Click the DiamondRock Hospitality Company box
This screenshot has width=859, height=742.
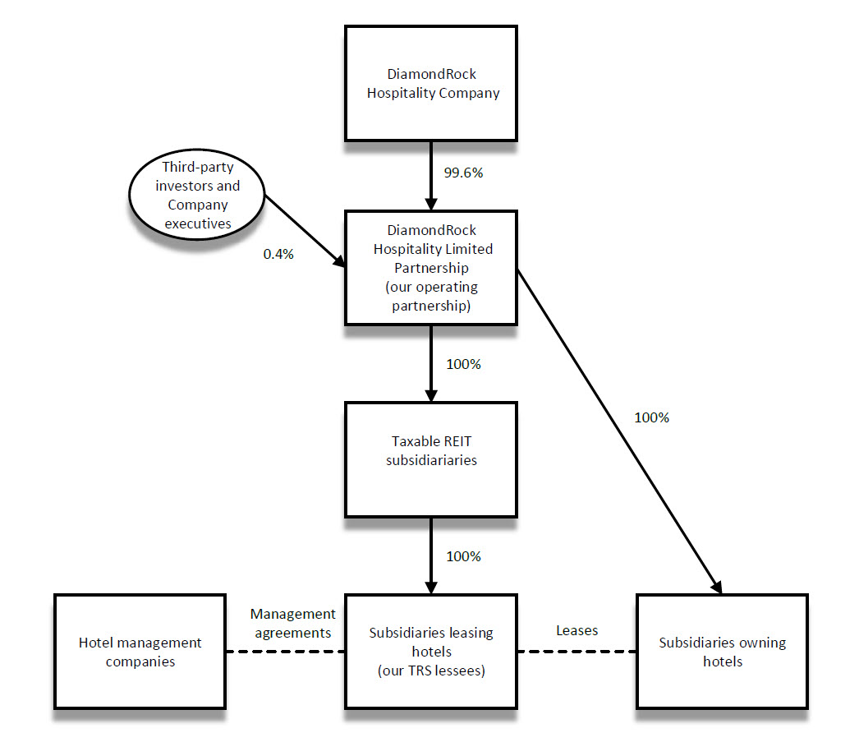(430, 83)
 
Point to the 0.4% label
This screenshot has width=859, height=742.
(278, 254)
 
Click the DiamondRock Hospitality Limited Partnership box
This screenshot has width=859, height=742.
(430, 267)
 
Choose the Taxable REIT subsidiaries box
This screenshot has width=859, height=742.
(430, 459)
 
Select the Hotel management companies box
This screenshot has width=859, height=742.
(140, 652)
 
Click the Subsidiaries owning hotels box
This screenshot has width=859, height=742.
(722, 652)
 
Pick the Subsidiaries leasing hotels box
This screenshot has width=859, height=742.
(430, 652)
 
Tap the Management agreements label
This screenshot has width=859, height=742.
(293, 623)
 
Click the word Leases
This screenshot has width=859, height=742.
(576, 630)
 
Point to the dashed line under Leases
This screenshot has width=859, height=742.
(576, 652)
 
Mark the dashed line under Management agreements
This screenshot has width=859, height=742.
(285, 652)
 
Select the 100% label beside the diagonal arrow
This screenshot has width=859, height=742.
(651, 417)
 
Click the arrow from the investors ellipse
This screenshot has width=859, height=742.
(304, 231)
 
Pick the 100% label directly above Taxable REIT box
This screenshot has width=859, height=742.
(462, 363)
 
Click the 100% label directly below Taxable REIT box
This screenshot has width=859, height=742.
(462, 556)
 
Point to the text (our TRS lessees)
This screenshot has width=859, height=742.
(430, 671)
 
